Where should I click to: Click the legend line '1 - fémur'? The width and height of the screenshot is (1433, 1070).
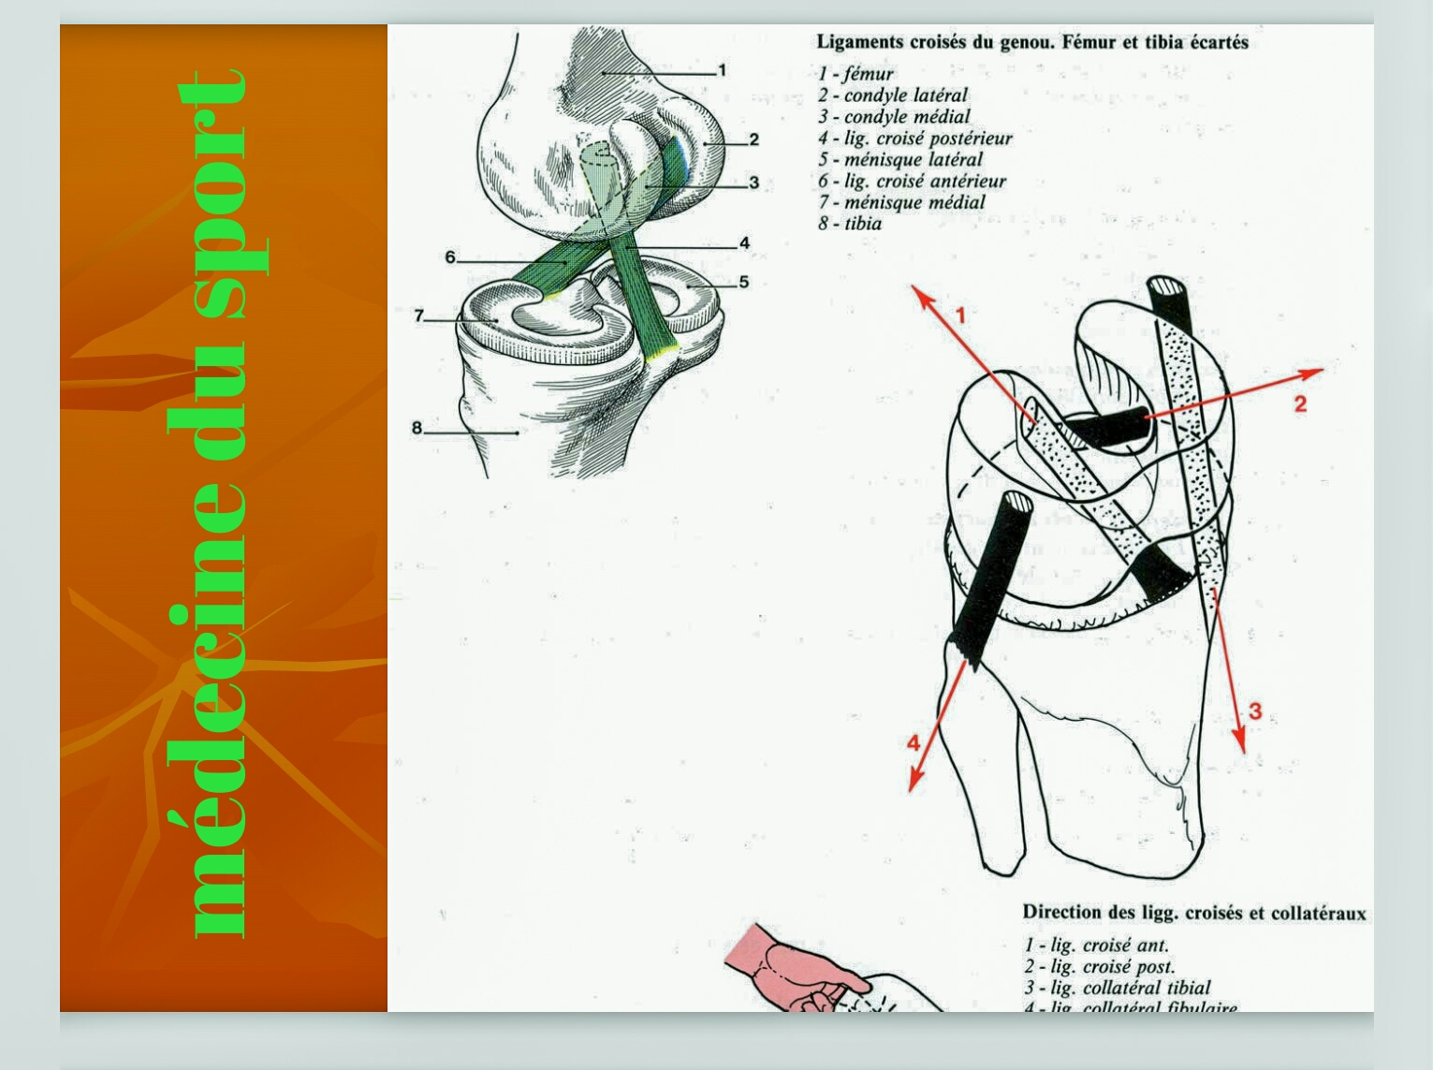click(855, 74)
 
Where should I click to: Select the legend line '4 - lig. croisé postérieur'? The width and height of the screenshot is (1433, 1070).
click(914, 139)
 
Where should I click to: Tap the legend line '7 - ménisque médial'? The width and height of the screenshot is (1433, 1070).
click(901, 202)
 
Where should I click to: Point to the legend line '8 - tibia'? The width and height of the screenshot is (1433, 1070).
click(849, 224)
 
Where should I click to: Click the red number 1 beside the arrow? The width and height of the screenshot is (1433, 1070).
click(959, 316)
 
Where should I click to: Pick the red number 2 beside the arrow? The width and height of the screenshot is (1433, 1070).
click(1299, 404)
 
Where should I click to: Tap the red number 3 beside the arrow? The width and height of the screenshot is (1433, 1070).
click(1255, 711)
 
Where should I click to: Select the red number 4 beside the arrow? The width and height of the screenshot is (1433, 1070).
click(914, 743)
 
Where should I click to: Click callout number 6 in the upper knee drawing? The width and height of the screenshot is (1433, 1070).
click(450, 257)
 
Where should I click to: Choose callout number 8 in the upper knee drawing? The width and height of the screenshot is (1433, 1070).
click(417, 429)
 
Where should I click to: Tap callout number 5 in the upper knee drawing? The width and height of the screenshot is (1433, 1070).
click(743, 282)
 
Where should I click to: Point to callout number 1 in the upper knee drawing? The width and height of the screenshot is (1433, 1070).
click(722, 70)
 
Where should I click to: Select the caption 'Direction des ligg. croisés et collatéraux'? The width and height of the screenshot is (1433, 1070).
click(1193, 913)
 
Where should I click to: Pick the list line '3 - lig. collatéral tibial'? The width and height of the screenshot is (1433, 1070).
click(1117, 988)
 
